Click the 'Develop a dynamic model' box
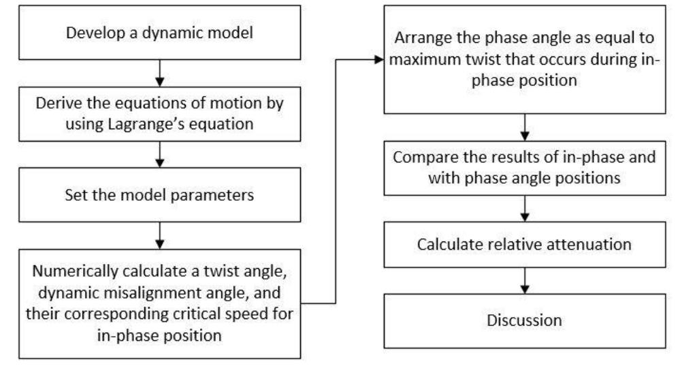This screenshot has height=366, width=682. click(159, 31)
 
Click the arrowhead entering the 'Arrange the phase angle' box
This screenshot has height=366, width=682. click(378, 59)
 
